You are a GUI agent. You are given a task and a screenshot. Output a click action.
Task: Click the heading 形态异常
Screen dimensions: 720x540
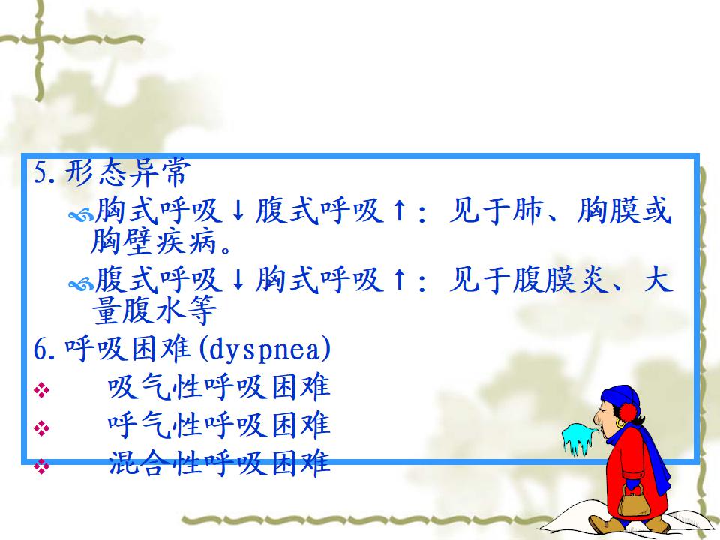click(127, 173)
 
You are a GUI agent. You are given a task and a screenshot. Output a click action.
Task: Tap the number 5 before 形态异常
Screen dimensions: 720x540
click(40, 174)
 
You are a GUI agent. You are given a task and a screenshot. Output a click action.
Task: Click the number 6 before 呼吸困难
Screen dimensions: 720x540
click(40, 350)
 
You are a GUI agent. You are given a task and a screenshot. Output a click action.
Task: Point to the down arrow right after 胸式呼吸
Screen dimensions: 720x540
click(238, 211)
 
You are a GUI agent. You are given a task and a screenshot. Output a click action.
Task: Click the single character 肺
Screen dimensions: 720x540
click(528, 211)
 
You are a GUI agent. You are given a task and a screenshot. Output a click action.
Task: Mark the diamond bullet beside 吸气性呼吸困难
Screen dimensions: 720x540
click(41, 390)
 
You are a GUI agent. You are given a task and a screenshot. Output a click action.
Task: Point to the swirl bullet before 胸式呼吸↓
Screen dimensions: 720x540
click(80, 214)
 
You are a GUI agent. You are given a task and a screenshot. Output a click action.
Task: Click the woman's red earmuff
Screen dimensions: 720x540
click(629, 412)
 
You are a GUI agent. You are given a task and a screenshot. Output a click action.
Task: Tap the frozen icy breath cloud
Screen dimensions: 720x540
click(578, 438)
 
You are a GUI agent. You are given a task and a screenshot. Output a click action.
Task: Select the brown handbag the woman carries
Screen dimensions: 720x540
click(633, 501)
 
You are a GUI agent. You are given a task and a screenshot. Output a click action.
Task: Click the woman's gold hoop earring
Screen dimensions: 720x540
click(620, 422)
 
